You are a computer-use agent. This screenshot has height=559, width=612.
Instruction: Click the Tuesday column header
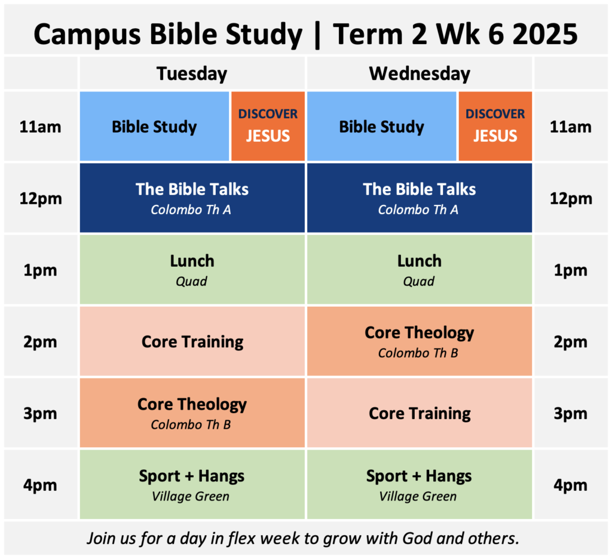[x=192, y=74]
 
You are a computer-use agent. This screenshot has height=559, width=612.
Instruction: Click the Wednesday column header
[x=420, y=74]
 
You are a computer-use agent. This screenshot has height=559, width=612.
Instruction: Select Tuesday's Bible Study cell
[x=154, y=126]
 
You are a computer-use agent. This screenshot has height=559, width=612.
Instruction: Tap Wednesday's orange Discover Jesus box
[x=495, y=126]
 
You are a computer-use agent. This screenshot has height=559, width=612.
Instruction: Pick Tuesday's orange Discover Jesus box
[x=268, y=126]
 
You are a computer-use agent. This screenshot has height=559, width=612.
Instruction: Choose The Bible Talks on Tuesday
[x=192, y=197]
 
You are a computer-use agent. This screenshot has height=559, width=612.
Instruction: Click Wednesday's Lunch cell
[x=419, y=270]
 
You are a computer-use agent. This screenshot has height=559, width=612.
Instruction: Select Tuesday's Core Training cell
[x=192, y=341]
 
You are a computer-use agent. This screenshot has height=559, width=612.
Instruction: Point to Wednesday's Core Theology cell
[x=419, y=341]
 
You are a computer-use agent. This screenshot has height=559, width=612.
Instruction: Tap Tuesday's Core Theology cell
[x=192, y=413]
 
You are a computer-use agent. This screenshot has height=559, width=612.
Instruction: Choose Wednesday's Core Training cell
[x=419, y=413]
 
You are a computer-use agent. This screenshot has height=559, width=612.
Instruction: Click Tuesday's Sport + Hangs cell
[x=192, y=484]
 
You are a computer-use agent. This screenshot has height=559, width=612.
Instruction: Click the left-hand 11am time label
[x=40, y=127]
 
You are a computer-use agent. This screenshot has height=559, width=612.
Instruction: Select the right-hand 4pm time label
[x=570, y=485]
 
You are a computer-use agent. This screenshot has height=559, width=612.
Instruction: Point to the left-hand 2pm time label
[x=40, y=342]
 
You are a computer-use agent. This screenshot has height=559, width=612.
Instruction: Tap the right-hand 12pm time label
[x=571, y=198]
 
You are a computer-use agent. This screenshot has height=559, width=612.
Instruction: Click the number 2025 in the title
[x=545, y=34]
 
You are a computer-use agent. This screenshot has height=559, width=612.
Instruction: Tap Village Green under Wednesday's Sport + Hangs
[x=418, y=496]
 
